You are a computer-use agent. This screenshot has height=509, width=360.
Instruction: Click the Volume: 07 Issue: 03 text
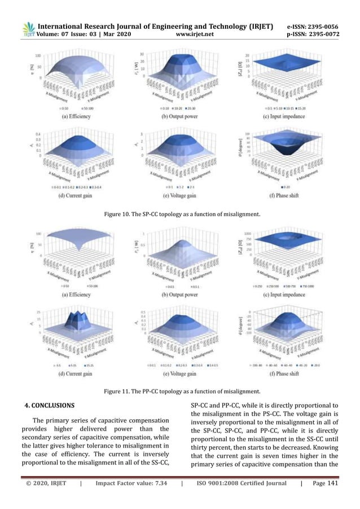[75, 34]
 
